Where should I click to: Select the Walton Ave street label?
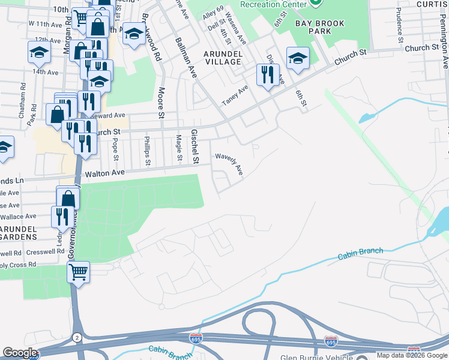104,172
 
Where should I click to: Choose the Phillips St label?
148,151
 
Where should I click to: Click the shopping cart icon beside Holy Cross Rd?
78,272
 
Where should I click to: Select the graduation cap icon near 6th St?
298,58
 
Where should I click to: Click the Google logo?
19,352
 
